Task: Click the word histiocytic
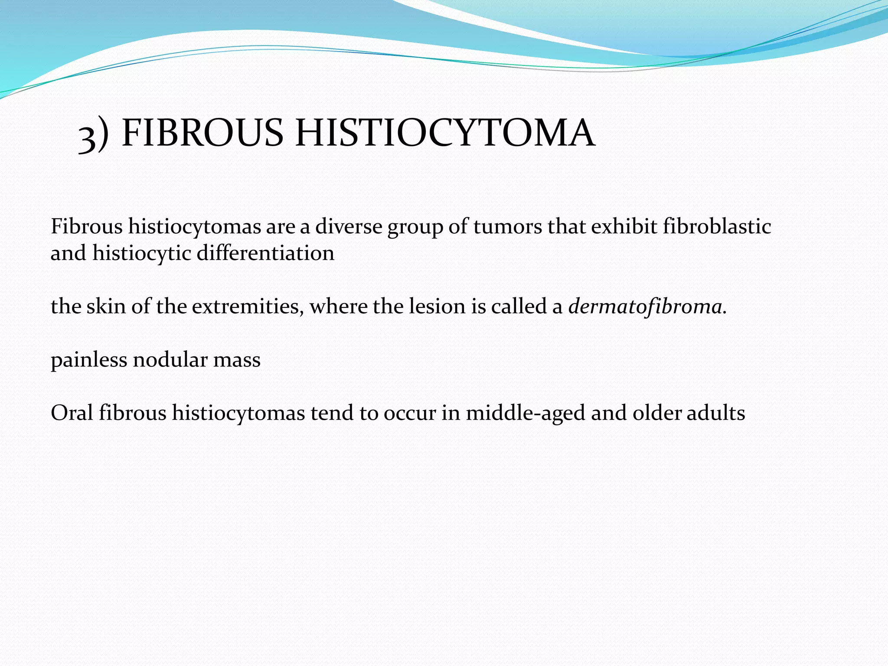[141, 253]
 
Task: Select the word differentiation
[265, 253]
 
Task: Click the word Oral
[72, 413]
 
